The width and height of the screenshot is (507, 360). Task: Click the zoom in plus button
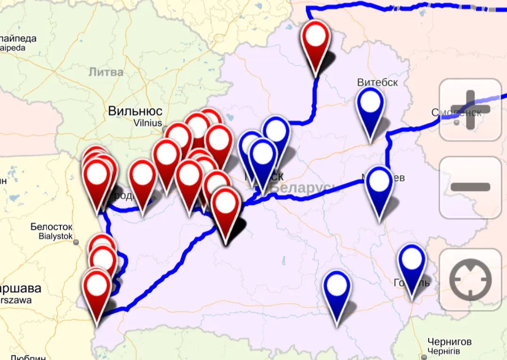click(470, 109)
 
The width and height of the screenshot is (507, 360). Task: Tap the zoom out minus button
click(470, 187)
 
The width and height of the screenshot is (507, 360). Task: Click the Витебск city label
click(377, 82)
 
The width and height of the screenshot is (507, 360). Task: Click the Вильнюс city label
click(135, 111)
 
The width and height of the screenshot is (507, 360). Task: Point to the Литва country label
click(106, 72)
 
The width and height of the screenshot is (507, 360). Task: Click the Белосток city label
click(51, 227)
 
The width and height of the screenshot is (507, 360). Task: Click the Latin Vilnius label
click(148, 123)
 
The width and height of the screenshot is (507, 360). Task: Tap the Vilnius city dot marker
click(165, 128)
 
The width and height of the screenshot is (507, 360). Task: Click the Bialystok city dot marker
click(76, 243)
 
